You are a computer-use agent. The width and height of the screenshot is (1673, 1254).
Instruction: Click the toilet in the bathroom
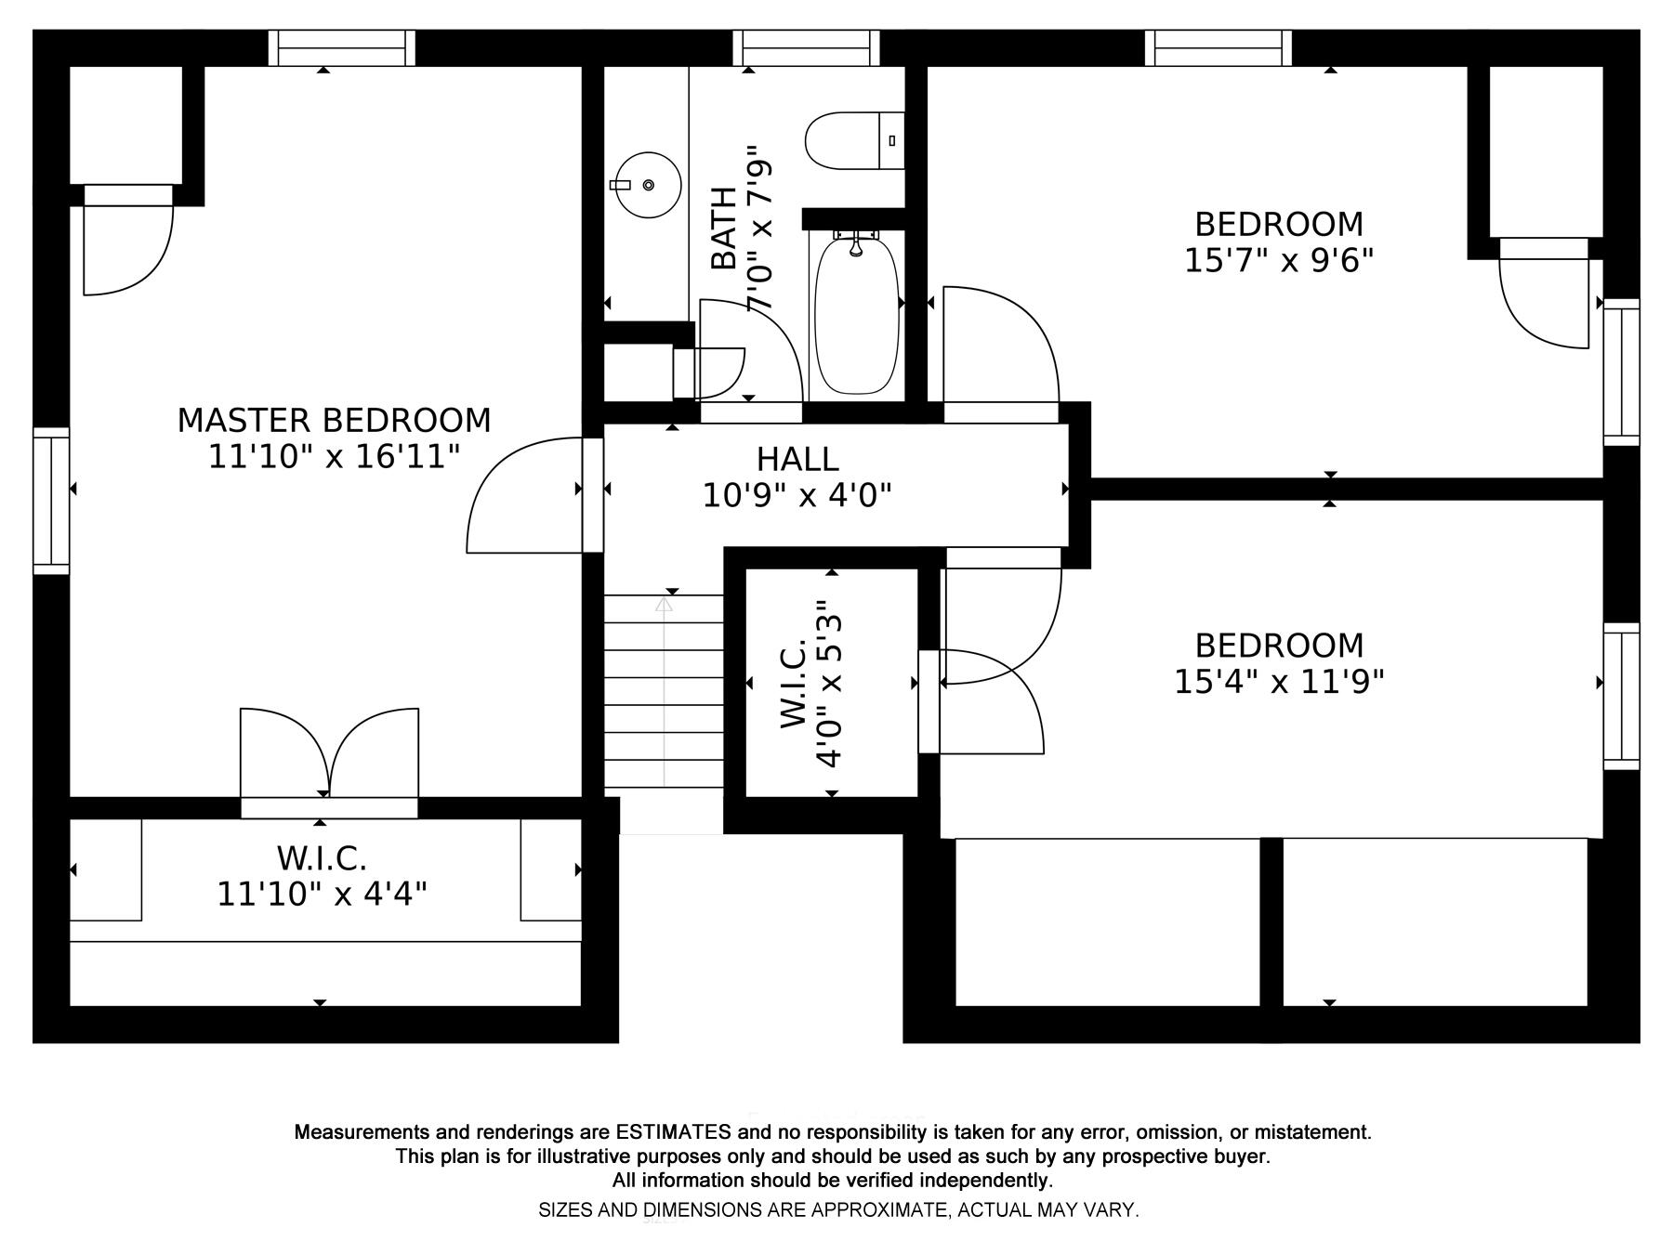click(x=854, y=141)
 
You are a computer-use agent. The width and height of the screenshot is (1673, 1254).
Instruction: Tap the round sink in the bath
click(x=647, y=185)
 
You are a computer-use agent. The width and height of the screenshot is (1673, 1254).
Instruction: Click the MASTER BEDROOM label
click(x=334, y=421)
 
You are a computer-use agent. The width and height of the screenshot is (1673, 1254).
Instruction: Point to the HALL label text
click(x=797, y=459)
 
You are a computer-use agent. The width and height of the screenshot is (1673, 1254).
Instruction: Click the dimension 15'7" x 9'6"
click(x=1279, y=260)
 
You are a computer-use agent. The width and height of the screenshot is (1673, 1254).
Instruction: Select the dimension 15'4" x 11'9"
click(x=1279, y=682)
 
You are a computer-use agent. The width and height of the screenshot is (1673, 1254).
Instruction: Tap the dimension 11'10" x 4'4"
click(x=322, y=895)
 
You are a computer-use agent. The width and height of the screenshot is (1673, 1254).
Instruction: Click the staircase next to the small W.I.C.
click(x=664, y=692)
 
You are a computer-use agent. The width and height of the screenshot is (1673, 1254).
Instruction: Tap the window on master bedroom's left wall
click(x=51, y=501)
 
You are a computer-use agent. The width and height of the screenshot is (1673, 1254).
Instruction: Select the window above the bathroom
click(x=806, y=48)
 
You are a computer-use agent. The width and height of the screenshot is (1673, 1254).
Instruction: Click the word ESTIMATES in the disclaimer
click(x=673, y=1132)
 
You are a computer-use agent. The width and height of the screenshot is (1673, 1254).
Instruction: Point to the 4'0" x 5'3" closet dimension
click(x=829, y=683)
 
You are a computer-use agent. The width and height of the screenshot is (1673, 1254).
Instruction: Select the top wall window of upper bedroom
click(x=1218, y=48)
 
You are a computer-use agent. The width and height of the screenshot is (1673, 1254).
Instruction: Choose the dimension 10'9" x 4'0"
click(x=797, y=496)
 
